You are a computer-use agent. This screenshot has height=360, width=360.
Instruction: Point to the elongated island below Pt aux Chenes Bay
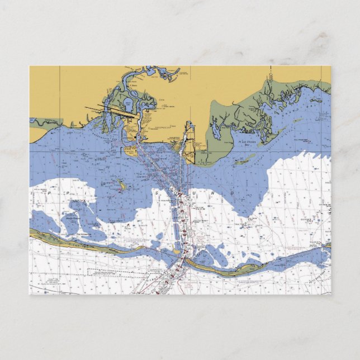coord(243,162)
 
